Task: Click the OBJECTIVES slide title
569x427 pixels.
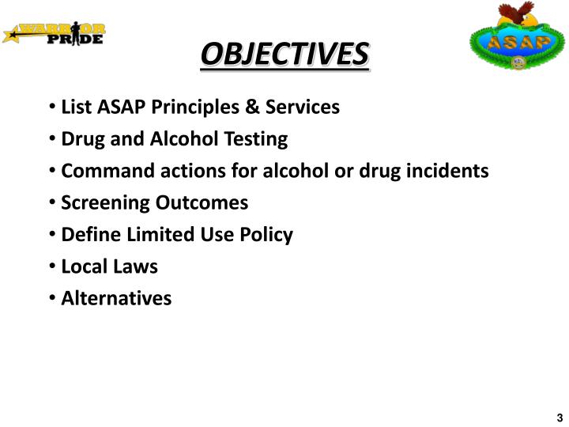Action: point(284,55)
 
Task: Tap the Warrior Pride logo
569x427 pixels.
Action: point(55,34)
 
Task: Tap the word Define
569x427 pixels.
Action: point(87,235)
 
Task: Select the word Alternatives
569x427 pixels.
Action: point(116,298)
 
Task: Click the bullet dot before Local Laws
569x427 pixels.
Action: point(51,266)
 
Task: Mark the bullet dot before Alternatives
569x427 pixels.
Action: point(51,298)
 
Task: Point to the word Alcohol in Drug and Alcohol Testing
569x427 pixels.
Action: point(179,139)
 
